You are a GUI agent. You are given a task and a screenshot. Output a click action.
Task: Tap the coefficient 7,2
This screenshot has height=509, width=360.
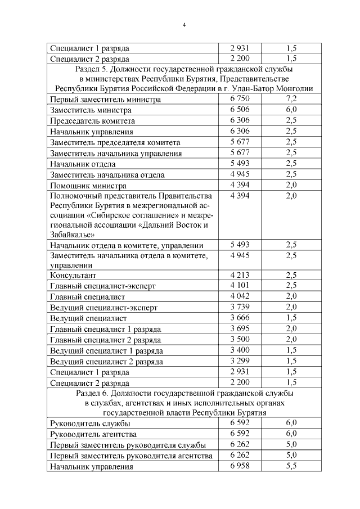(291, 99)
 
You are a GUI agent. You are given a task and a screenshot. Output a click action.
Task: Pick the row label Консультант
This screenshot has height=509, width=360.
(73, 276)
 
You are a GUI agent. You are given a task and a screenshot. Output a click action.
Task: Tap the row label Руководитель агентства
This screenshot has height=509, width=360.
(93, 434)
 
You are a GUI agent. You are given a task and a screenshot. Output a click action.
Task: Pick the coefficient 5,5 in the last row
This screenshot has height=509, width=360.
(291, 466)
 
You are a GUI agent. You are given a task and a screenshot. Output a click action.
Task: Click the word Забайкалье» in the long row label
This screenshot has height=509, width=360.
(72, 235)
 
